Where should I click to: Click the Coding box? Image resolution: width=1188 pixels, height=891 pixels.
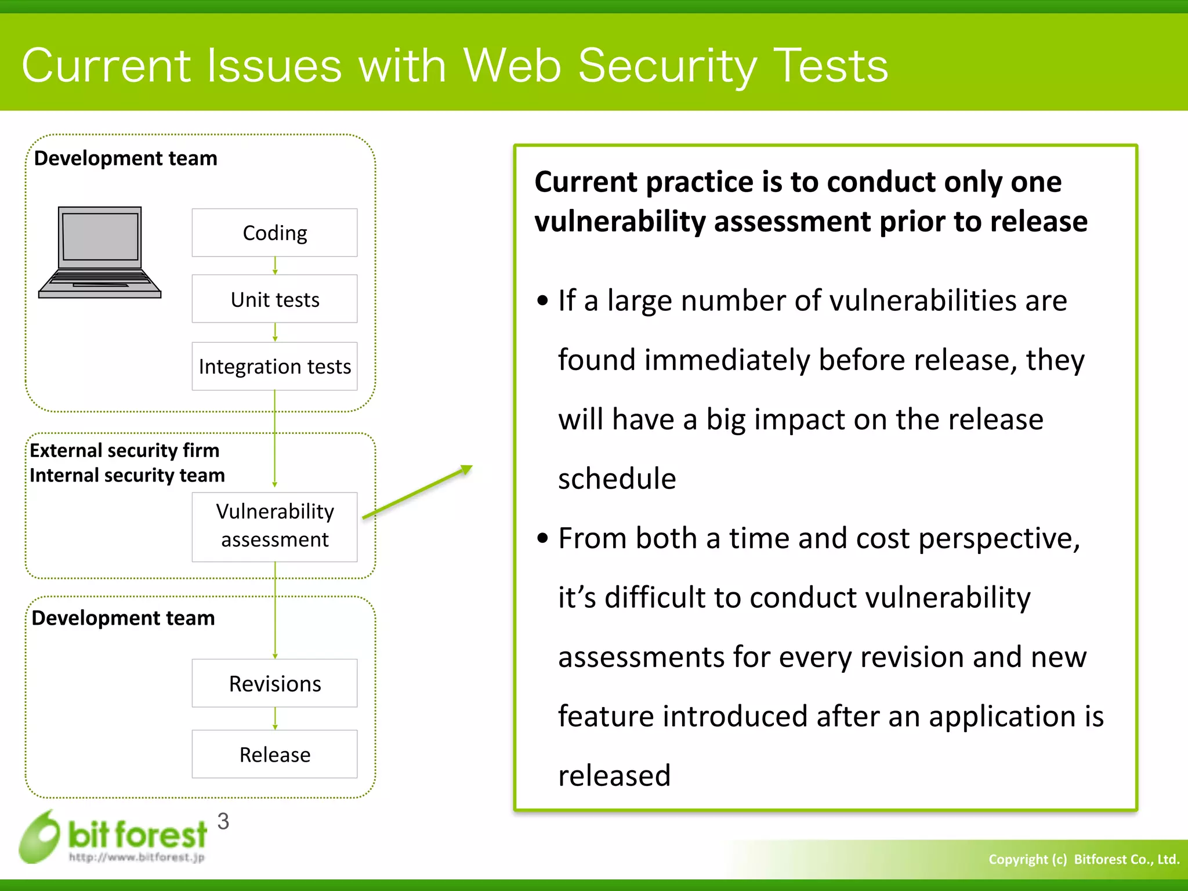tap(274, 233)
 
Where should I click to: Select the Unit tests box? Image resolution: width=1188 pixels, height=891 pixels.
tap(274, 299)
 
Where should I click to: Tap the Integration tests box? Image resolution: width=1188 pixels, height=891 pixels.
tap(274, 366)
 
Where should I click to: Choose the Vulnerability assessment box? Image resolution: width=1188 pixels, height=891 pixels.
tap(274, 526)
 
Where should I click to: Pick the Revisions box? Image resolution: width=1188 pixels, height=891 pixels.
tap(274, 683)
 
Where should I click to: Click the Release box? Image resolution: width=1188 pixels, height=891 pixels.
tap(274, 754)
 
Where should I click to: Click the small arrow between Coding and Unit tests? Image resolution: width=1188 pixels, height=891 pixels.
tap(275, 266)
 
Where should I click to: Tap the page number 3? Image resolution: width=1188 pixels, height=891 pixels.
tap(223, 821)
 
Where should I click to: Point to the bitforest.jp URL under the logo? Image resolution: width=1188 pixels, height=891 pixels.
tap(137, 857)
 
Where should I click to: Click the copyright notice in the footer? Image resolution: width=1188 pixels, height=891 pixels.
tap(1084, 859)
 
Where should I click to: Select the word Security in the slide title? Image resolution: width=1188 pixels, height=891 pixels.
tap(667, 66)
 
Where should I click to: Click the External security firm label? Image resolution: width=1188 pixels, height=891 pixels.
tap(125, 450)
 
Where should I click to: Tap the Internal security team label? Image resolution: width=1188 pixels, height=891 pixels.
tap(127, 475)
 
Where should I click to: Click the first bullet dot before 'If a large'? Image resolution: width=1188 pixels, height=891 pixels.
tap(542, 300)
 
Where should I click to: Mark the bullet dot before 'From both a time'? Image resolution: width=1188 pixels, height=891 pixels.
tap(542, 538)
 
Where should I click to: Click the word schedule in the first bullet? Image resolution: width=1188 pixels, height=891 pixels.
tap(617, 479)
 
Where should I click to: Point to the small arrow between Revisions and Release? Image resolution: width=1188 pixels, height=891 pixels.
tap(275, 718)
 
